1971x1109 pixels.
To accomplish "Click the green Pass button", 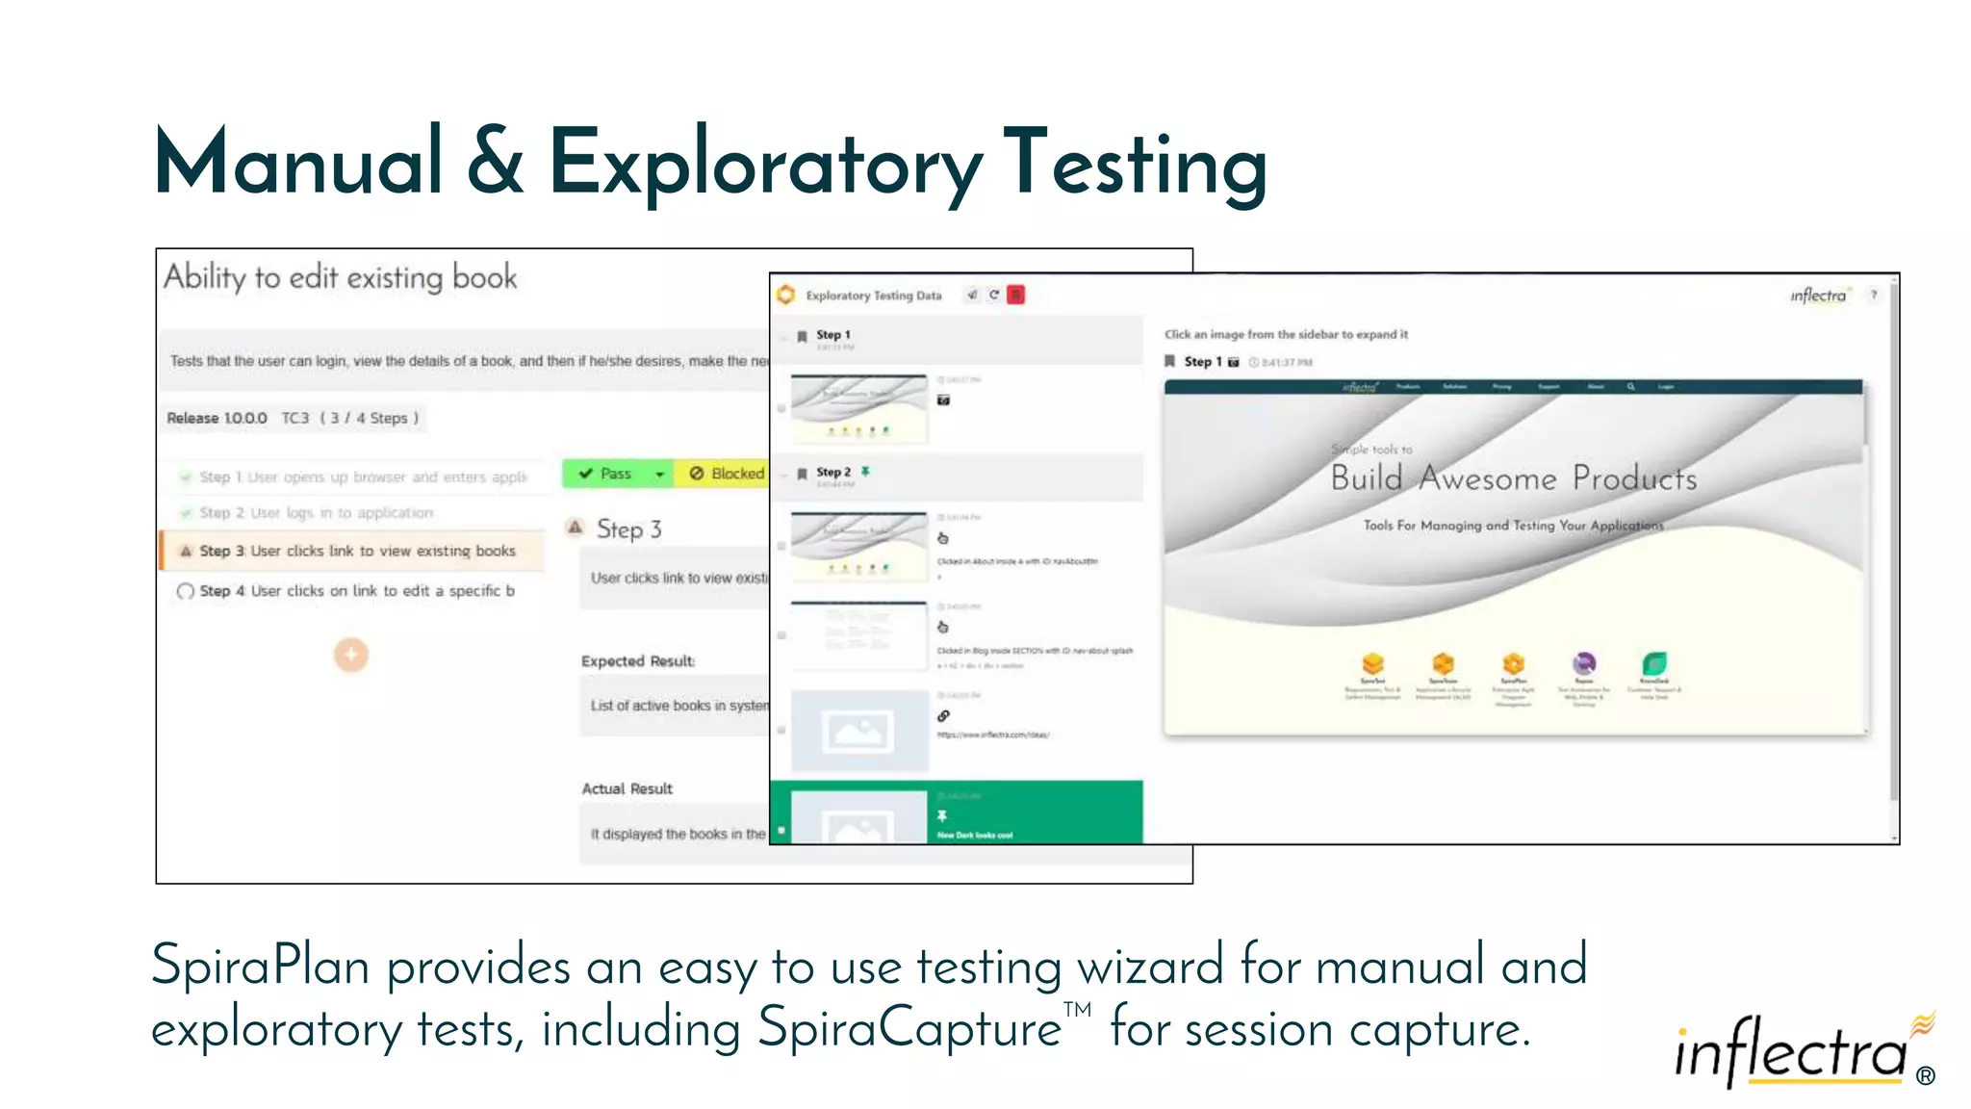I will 606,474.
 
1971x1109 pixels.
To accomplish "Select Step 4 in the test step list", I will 356,591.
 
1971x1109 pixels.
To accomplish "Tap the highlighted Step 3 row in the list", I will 356,551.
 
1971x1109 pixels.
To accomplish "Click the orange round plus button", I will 351,655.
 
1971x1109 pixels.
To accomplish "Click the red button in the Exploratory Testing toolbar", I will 1015,295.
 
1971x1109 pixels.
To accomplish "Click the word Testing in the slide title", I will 1136,164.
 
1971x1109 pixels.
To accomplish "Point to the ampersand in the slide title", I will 496,162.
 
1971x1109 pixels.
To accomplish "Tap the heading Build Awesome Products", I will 1513,478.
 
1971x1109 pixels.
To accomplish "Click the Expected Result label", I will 637,661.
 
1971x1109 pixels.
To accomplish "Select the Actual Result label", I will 627,788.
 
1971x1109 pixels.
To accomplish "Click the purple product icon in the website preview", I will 1584,663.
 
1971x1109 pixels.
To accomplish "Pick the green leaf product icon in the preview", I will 1654,663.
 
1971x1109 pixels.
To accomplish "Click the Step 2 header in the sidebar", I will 833,473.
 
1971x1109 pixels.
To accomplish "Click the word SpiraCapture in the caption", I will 909,1028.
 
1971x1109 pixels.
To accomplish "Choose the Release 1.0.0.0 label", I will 217,418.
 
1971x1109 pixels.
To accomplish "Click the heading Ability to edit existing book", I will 340,277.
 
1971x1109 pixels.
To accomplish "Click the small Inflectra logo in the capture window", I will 1818,296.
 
